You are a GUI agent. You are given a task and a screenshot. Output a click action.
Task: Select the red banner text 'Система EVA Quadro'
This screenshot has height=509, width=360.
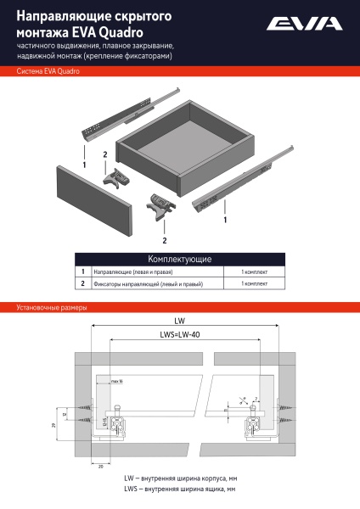48,72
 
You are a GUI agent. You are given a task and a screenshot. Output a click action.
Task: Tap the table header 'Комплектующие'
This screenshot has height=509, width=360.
179,259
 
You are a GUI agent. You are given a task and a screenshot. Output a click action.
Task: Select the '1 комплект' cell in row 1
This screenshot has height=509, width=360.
254,271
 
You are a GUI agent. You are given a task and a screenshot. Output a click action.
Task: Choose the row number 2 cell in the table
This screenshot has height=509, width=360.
83,284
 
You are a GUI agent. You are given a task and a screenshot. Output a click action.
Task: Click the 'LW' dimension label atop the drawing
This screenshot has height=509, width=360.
179,322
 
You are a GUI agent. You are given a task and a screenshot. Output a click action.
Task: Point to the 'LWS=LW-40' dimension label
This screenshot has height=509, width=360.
179,334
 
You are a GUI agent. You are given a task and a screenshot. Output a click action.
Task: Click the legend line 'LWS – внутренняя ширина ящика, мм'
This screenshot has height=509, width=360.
179,489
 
